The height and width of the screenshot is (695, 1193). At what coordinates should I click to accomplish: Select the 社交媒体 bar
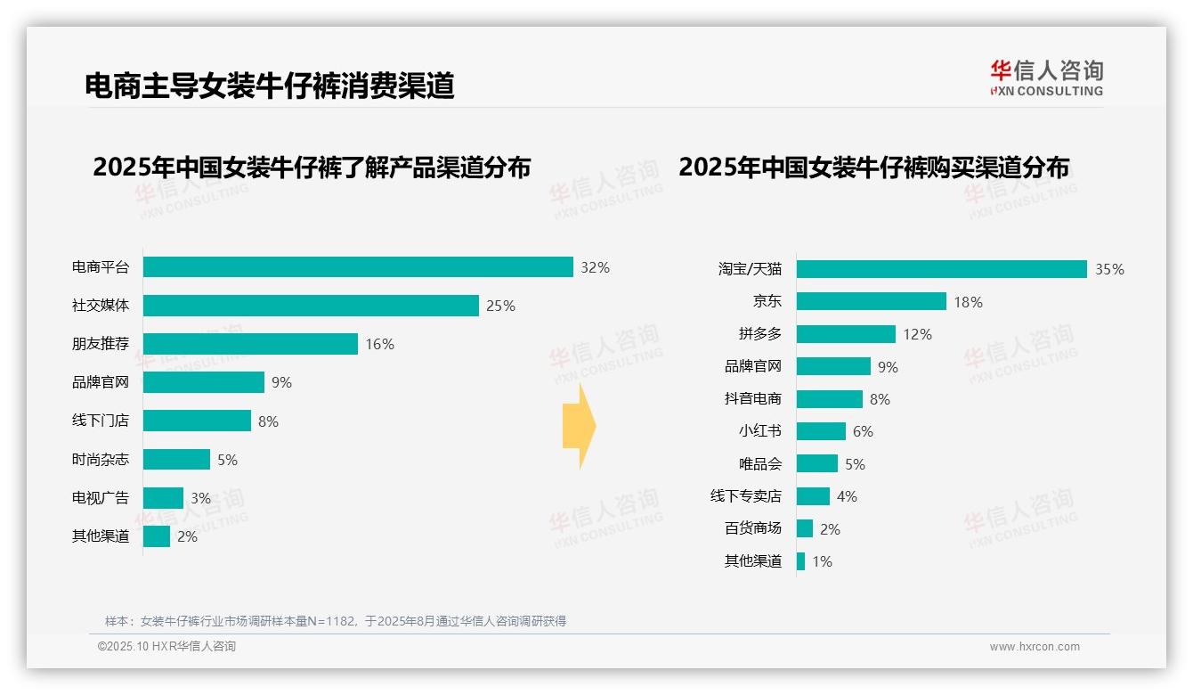tap(311, 306)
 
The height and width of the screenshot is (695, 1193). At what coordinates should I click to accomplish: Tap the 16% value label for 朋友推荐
tap(379, 344)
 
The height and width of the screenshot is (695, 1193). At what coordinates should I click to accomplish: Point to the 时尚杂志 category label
tap(101, 460)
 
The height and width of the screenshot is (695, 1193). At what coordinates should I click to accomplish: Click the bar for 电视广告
tap(163, 498)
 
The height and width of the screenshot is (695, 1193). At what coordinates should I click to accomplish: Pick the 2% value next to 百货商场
tap(830, 529)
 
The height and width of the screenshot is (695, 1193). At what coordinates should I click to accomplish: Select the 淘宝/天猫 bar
tap(941, 269)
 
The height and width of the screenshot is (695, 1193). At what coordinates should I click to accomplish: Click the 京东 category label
tap(767, 301)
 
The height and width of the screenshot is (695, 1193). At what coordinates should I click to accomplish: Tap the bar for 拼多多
tap(846, 334)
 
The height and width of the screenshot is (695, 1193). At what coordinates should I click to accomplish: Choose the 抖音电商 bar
tap(829, 399)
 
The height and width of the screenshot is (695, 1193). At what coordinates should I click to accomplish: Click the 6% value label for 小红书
tap(863, 431)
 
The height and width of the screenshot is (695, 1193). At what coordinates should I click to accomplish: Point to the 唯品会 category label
tap(759, 464)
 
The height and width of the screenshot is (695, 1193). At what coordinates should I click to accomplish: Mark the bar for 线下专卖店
tap(813, 496)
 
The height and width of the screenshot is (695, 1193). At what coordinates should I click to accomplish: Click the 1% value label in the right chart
tap(822, 561)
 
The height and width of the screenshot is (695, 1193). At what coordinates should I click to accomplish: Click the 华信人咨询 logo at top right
tap(1046, 78)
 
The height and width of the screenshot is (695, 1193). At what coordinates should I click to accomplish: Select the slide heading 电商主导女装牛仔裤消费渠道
tap(270, 86)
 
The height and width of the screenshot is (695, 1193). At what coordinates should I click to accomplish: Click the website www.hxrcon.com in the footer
tap(1034, 647)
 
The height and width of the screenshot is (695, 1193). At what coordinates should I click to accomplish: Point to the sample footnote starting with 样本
tap(336, 621)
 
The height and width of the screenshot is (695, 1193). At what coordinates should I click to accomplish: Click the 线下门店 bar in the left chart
tap(197, 421)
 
